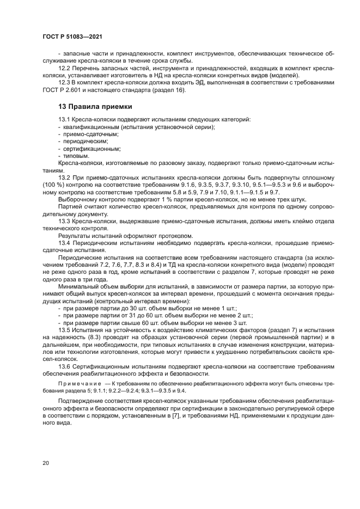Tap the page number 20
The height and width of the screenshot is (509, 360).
click(45, 463)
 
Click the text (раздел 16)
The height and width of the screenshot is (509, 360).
click(170, 89)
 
